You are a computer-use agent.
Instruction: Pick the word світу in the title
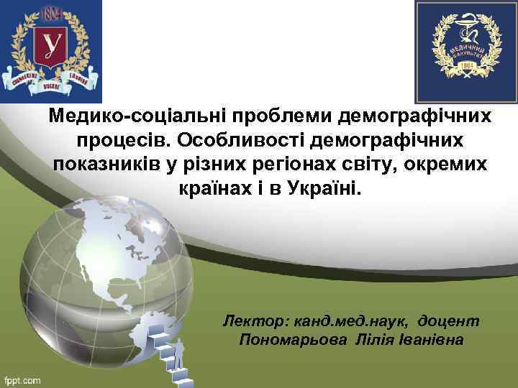coord(371,165)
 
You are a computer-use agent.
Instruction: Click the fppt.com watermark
coord(23,379)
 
